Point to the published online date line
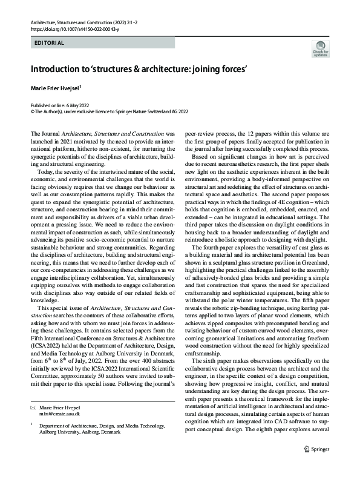[x=58, y=105]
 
